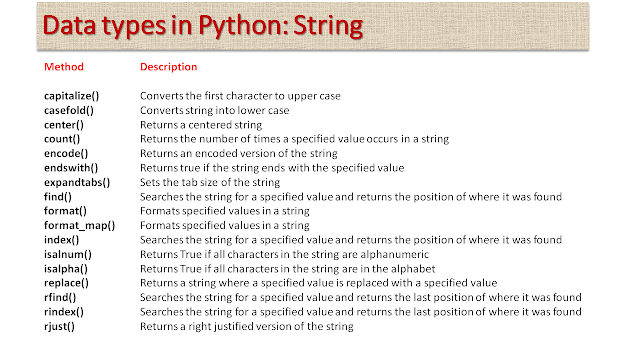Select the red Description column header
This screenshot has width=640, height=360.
168,67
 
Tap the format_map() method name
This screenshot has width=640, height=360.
79,227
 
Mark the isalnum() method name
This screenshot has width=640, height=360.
68,257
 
